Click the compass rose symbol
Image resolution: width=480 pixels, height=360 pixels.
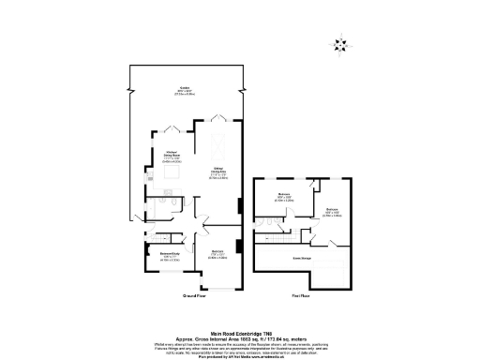coord(338,43)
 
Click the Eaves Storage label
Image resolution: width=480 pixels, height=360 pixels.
coord(302,255)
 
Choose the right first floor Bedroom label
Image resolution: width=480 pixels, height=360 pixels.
coord(333,212)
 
